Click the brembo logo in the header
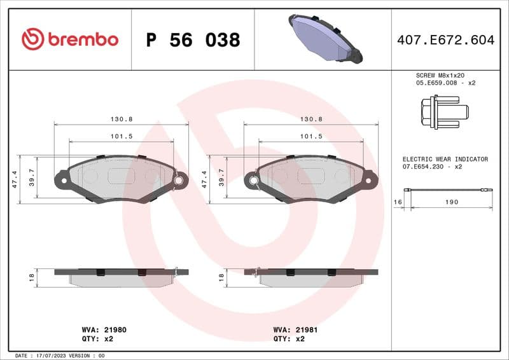point(70,39)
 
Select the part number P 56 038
point(193,40)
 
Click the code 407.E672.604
point(445,40)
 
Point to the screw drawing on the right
point(443,112)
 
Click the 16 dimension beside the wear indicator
point(398,202)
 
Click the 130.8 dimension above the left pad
point(121,119)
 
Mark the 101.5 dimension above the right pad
point(311,136)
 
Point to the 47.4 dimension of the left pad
point(15,179)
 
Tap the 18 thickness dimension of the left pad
point(32,277)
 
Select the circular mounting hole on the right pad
point(254,181)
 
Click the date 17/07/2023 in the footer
point(50,356)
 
